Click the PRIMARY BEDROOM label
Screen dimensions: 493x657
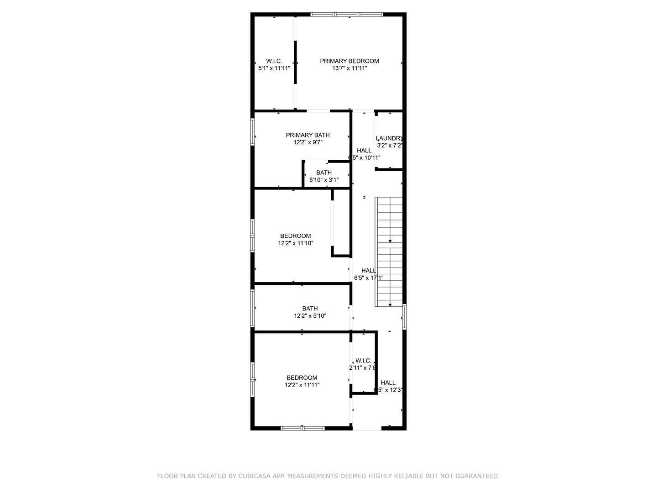pyautogui.click(x=349, y=61)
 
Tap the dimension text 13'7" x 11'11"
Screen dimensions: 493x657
pyautogui.click(x=349, y=68)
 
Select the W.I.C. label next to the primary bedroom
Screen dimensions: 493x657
pyautogui.click(x=274, y=61)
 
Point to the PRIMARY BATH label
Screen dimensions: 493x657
pyautogui.click(x=308, y=135)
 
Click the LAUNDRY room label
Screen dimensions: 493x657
pyautogui.click(x=389, y=138)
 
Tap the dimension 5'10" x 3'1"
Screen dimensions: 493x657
pyautogui.click(x=324, y=180)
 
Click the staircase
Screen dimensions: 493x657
pyautogui.click(x=389, y=252)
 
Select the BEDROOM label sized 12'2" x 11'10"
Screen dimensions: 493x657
pyautogui.click(x=295, y=236)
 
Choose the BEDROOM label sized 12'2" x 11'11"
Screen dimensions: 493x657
pyautogui.click(x=302, y=378)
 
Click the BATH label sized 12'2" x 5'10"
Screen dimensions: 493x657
pyautogui.click(x=310, y=309)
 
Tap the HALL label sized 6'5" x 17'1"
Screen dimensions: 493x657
pyautogui.click(x=369, y=271)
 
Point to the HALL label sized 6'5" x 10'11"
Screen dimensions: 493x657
pyautogui.click(x=364, y=151)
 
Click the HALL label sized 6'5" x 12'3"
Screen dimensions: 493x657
pyautogui.click(x=388, y=383)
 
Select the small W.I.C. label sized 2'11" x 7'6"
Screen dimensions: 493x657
pyautogui.click(x=364, y=361)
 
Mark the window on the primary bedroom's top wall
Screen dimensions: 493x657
pyautogui.click(x=347, y=15)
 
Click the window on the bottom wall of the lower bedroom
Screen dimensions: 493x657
pyautogui.click(x=302, y=428)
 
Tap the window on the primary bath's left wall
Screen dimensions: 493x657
pyautogui.click(x=252, y=132)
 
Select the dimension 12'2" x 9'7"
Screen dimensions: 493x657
pyautogui.click(x=308, y=142)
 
